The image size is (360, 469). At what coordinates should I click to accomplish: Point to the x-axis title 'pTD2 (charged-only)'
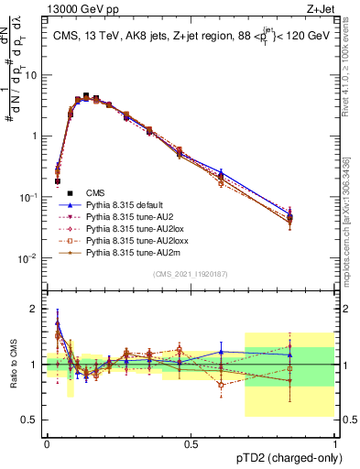pos(282,459)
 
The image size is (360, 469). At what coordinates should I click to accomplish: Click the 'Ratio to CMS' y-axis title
pos(12,364)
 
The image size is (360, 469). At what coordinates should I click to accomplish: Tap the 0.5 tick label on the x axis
pos(191,444)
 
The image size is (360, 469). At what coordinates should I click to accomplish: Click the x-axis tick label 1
pos(334,444)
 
